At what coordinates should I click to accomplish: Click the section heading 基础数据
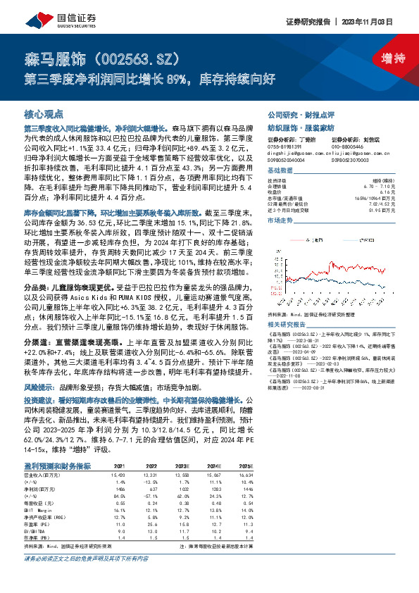[x=279, y=171]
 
